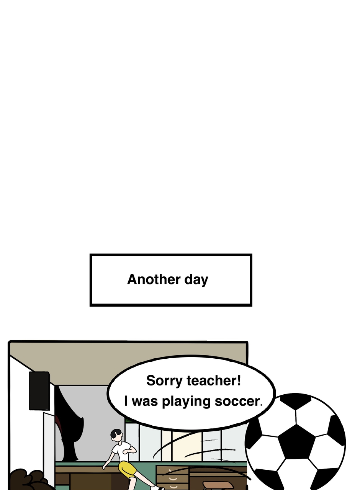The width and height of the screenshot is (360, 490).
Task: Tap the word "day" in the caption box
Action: point(196,280)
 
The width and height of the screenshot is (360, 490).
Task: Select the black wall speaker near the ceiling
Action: point(39,390)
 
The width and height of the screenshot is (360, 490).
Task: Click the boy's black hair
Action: point(115,433)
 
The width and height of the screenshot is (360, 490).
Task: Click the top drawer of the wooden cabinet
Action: point(172,470)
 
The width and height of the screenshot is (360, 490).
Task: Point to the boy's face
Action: point(118,437)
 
